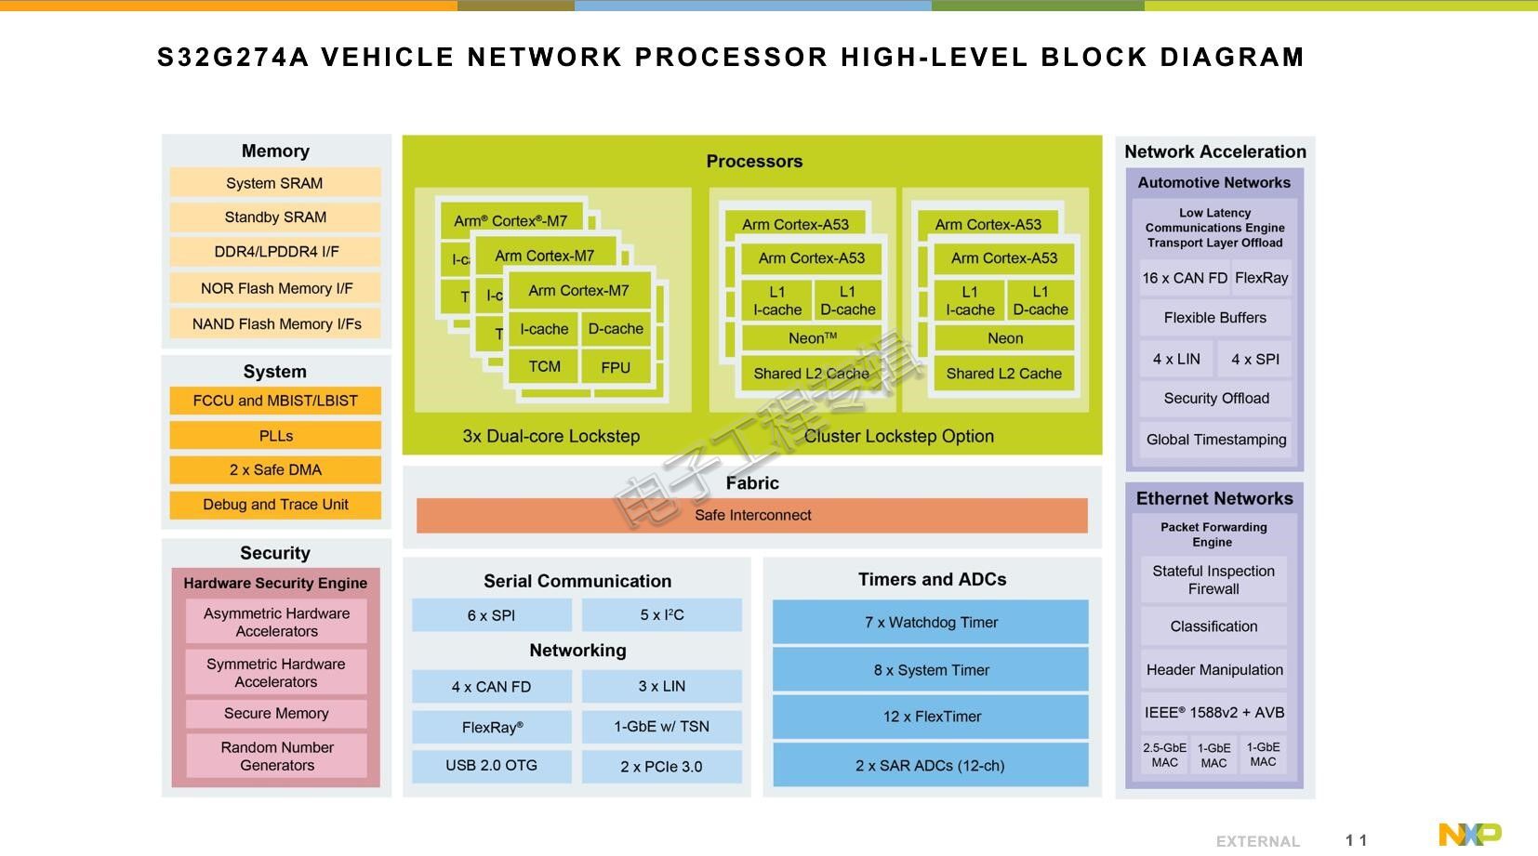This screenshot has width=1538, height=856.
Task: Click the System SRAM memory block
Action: (275, 183)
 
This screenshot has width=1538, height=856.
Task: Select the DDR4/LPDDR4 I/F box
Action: (275, 252)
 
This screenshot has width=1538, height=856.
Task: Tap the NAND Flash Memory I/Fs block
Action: (275, 324)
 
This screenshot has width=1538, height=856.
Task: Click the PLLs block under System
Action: (275, 436)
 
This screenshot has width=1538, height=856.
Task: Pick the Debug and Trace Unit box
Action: (275, 505)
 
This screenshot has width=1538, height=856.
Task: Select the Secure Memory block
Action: (276, 714)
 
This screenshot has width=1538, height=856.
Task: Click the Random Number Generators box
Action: (276, 757)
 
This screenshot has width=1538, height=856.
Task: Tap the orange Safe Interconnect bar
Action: (752, 516)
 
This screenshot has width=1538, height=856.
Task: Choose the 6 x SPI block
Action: (492, 615)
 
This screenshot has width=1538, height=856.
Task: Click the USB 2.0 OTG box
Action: (492, 766)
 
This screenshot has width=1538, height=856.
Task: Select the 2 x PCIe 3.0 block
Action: (662, 766)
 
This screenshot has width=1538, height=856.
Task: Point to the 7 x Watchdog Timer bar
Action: (931, 622)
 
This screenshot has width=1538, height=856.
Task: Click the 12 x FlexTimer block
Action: (931, 717)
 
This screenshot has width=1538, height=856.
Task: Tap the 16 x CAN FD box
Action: (1185, 278)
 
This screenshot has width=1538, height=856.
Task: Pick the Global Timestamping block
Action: (1215, 440)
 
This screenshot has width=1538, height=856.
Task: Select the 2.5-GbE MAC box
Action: (1164, 755)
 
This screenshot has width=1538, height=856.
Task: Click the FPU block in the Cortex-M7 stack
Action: (616, 368)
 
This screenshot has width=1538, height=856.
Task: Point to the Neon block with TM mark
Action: (812, 338)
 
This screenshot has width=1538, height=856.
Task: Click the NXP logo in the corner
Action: (1470, 834)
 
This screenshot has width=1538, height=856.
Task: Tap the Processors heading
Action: (754, 162)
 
